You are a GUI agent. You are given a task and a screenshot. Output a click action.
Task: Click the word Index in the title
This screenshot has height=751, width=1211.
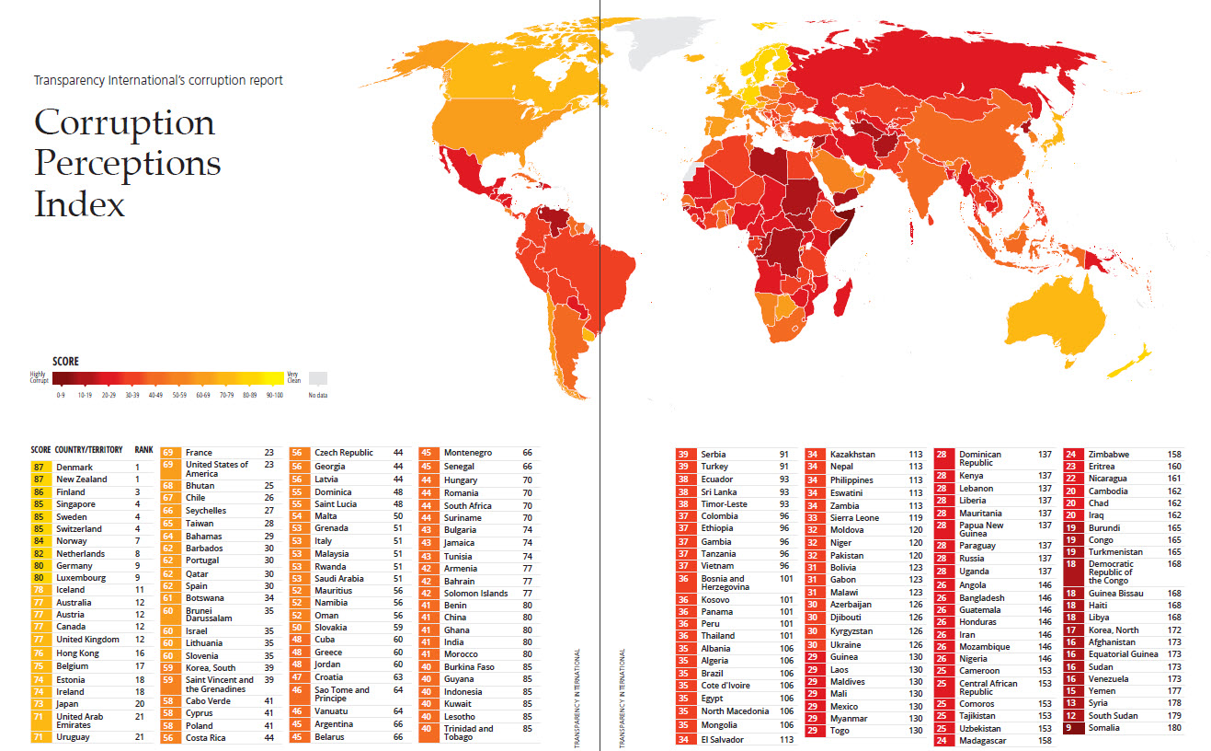coord(79,203)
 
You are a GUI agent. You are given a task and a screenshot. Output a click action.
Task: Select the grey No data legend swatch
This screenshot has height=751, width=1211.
coord(317,377)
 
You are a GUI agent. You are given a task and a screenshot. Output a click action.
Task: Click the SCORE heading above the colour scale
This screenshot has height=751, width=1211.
coord(65,362)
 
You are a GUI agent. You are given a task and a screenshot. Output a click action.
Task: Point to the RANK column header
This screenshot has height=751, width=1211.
coord(144,450)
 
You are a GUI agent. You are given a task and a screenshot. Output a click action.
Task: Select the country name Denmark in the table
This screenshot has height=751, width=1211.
coord(74,467)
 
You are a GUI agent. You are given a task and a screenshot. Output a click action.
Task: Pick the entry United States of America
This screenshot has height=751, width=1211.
coord(217,468)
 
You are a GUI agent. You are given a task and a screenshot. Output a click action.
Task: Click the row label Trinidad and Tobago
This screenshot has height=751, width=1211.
coord(468,733)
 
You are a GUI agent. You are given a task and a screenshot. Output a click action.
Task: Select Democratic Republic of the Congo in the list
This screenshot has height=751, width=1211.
coord(1111,572)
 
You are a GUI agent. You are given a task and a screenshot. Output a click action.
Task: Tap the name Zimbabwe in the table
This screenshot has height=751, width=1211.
coord(1109,454)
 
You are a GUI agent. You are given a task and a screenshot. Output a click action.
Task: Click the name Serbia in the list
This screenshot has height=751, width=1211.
coord(713,454)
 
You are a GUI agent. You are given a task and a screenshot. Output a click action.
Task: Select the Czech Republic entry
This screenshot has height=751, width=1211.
coord(344,453)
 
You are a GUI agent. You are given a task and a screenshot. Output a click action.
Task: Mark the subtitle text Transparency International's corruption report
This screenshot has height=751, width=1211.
coord(158,80)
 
